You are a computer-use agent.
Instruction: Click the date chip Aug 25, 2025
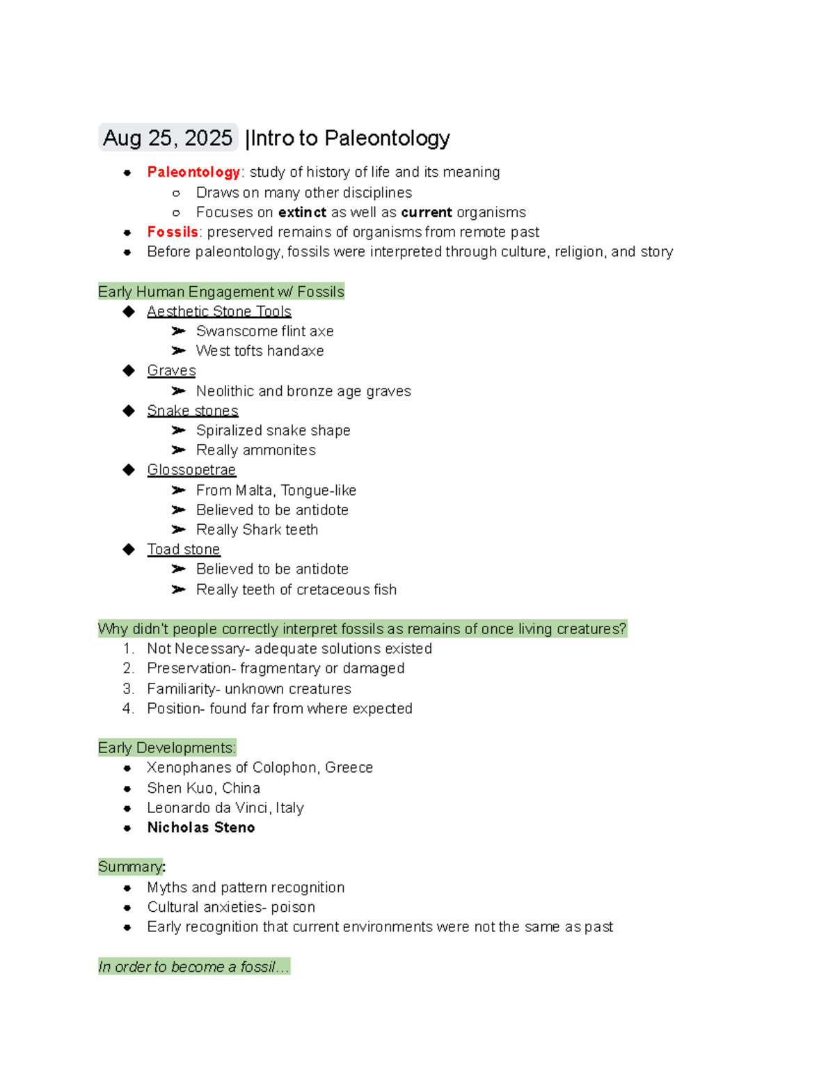168,138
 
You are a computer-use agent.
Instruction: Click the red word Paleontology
193,172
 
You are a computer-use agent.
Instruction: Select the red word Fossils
173,232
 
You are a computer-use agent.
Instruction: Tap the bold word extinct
302,212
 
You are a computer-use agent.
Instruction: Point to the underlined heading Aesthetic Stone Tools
219,311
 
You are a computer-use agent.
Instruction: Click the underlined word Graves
171,370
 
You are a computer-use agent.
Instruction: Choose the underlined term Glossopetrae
191,470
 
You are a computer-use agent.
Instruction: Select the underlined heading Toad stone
184,549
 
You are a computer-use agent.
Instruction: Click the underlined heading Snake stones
193,411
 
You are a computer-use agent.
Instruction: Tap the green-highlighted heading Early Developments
167,748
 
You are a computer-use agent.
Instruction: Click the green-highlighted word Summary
130,867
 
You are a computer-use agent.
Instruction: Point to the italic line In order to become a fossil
193,966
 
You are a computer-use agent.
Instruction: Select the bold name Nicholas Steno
201,827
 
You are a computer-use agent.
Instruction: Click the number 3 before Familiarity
127,688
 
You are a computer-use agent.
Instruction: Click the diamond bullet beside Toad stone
129,549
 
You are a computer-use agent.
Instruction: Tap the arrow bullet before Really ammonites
179,450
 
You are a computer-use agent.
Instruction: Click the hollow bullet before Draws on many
176,193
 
